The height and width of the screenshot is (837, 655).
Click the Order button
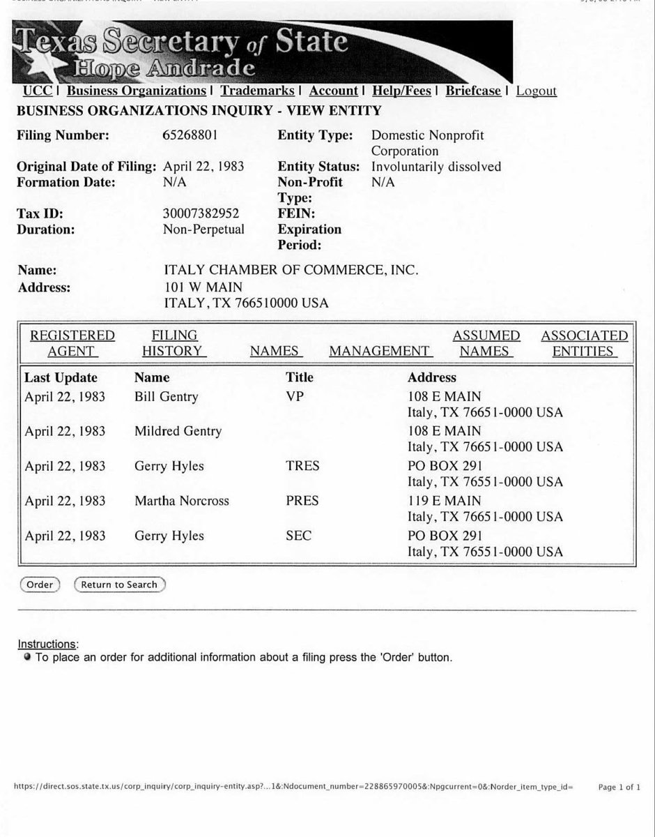(x=40, y=585)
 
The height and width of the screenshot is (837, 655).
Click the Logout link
(x=536, y=91)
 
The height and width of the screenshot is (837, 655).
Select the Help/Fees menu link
(x=401, y=91)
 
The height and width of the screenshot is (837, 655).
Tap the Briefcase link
(x=473, y=91)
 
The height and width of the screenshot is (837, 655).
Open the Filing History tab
(x=174, y=343)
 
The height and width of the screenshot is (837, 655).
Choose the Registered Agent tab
(x=72, y=343)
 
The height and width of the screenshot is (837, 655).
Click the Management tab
(x=380, y=351)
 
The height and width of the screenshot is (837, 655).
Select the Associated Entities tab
(x=584, y=343)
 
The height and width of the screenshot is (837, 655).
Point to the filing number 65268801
(x=190, y=135)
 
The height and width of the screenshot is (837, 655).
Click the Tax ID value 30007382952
(x=201, y=213)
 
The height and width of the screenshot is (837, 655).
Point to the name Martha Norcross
(x=181, y=501)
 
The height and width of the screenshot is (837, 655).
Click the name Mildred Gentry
(x=178, y=431)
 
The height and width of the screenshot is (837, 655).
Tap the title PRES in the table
(x=302, y=501)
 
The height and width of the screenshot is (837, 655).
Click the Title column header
(x=300, y=377)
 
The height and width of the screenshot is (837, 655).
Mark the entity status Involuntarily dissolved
(x=436, y=167)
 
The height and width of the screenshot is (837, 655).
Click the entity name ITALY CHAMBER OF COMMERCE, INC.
(x=291, y=270)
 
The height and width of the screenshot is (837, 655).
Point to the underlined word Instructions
(x=47, y=644)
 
